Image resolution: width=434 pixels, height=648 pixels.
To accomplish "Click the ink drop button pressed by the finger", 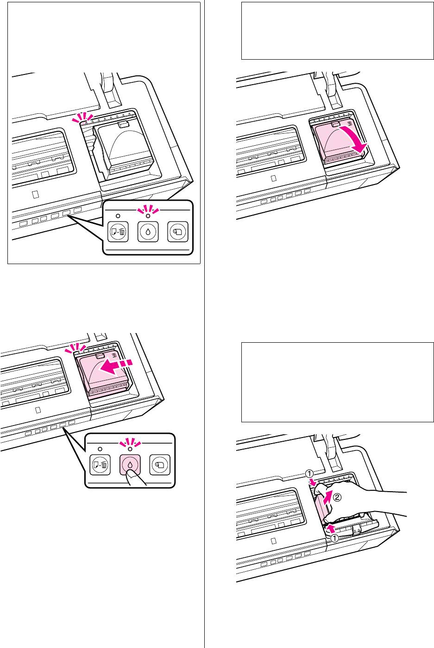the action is [x=130, y=464].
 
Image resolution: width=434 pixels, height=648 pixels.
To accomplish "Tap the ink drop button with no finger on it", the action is [x=148, y=231].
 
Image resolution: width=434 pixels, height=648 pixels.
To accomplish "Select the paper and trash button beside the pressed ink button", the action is [x=100, y=464].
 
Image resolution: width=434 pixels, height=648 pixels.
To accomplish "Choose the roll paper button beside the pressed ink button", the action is [x=160, y=464].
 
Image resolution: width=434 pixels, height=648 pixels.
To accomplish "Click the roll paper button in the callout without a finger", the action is [x=178, y=231].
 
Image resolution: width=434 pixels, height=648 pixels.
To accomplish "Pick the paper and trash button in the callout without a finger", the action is [x=118, y=231].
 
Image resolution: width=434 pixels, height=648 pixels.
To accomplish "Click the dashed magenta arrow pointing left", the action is [x=115, y=367].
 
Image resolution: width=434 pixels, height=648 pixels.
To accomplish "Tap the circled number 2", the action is [x=337, y=497].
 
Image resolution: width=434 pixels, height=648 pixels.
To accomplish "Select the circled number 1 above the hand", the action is [x=309, y=474].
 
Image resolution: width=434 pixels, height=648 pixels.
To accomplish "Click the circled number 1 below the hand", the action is [x=334, y=538].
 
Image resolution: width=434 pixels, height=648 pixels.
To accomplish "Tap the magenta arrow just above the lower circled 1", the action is [x=330, y=529].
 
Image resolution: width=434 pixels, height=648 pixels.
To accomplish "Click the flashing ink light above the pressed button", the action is [x=130, y=448].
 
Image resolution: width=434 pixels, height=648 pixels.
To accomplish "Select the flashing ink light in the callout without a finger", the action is [x=148, y=216].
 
